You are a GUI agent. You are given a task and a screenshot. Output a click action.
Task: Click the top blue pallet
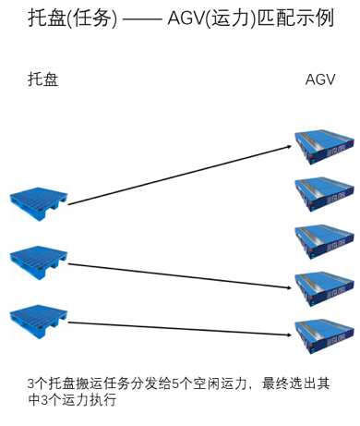[x=38, y=203]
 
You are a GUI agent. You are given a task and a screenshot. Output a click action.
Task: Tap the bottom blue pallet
[x=38, y=319]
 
